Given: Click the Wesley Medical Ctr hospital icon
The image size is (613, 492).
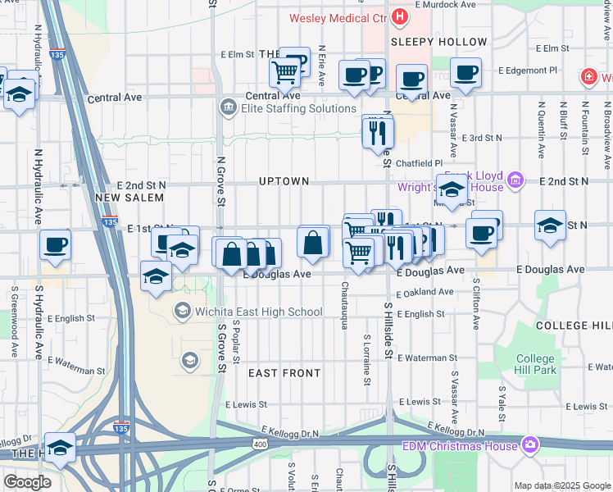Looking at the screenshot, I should click(x=399, y=16).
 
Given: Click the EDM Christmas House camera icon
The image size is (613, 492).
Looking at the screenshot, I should click(x=530, y=445).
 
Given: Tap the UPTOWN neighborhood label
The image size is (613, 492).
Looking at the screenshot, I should click(x=284, y=181).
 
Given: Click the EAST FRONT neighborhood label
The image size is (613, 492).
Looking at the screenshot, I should click(x=284, y=373).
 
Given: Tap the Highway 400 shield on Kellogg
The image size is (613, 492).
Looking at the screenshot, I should click(x=260, y=443).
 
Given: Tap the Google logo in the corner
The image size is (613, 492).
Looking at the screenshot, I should click(x=27, y=482).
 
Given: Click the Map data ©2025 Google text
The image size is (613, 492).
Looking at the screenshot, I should click(x=561, y=485).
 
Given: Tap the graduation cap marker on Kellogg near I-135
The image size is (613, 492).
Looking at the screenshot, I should click(x=60, y=448).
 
